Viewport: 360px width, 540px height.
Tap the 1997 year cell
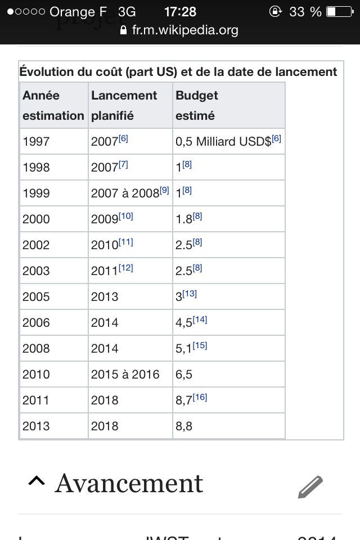(36, 142)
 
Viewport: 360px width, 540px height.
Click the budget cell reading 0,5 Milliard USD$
(223, 142)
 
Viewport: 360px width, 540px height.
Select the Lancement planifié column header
(124, 105)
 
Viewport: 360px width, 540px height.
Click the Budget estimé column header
(196, 105)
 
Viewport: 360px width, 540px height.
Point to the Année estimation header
(53, 105)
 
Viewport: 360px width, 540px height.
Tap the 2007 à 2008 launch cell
(125, 193)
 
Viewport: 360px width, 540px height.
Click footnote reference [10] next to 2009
(126, 216)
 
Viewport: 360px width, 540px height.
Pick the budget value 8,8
(184, 426)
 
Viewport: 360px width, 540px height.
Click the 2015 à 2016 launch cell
(125, 375)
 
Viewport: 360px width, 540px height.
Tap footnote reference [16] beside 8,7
(200, 397)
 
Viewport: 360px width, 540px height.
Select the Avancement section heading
(129, 484)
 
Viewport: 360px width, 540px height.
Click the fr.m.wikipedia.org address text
(185, 30)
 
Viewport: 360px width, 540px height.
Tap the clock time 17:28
(180, 11)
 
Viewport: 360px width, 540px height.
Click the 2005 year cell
(36, 297)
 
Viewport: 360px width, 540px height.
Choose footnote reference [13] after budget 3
(190, 294)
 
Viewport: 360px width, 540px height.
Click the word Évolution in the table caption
(46, 72)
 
